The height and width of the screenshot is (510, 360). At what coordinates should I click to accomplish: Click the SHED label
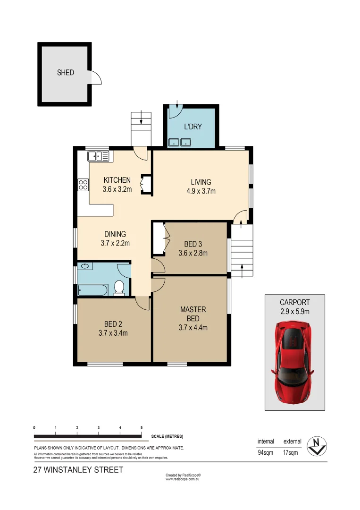click(x=66, y=73)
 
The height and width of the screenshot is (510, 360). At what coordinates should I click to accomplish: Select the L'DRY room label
click(x=193, y=127)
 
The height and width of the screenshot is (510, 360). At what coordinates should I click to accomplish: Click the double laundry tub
click(x=180, y=141)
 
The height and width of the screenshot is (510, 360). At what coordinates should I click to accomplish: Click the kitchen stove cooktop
click(x=83, y=185)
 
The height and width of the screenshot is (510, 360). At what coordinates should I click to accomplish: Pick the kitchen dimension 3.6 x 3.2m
click(x=117, y=189)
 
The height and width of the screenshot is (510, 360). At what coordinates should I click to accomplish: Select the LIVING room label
click(x=201, y=182)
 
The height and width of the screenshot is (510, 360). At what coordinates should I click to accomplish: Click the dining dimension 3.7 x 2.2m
click(x=115, y=244)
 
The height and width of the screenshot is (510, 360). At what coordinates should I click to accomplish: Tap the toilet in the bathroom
click(x=119, y=287)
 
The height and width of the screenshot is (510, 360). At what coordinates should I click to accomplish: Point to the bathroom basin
click(x=85, y=266)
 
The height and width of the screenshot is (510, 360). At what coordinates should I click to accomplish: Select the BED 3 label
click(x=193, y=244)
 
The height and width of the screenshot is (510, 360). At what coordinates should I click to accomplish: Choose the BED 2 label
click(x=113, y=324)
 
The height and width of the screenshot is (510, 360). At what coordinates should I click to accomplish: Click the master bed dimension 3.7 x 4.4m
click(x=193, y=328)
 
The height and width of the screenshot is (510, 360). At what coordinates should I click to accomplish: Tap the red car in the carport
click(x=294, y=362)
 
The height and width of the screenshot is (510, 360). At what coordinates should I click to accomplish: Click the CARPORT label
click(x=295, y=302)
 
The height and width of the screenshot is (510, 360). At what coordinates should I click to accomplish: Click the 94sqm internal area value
click(x=266, y=453)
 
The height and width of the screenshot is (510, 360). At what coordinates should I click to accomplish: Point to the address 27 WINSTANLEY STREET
click(x=78, y=470)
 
